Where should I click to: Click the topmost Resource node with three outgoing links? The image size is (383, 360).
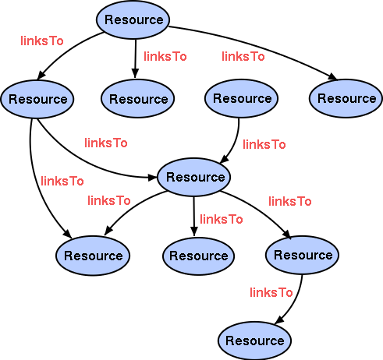(x=134, y=20)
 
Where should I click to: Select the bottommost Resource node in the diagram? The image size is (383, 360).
(x=254, y=341)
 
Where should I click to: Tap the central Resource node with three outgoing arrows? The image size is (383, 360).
(x=195, y=177)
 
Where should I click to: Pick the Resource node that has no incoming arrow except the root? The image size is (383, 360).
(x=242, y=99)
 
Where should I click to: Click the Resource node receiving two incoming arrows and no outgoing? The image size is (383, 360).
(x=93, y=256)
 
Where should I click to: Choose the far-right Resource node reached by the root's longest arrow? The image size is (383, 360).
(x=346, y=99)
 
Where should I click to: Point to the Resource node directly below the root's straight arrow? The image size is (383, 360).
(x=138, y=99)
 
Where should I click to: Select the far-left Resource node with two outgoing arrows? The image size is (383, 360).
(x=37, y=99)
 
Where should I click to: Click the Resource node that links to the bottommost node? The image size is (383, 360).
(x=303, y=255)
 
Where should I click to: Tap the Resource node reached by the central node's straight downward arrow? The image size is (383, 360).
(x=198, y=256)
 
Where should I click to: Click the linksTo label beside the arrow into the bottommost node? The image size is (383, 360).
(x=271, y=292)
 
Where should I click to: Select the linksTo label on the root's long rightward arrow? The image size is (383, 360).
(x=243, y=56)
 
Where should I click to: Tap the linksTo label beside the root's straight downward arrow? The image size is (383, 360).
(x=165, y=56)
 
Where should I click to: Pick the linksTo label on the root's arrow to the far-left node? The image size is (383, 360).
(x=41, y=40)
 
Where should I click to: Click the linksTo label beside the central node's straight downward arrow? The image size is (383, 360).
(x=221, y=219)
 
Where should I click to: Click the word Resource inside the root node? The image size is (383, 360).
(x=134, y=20)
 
